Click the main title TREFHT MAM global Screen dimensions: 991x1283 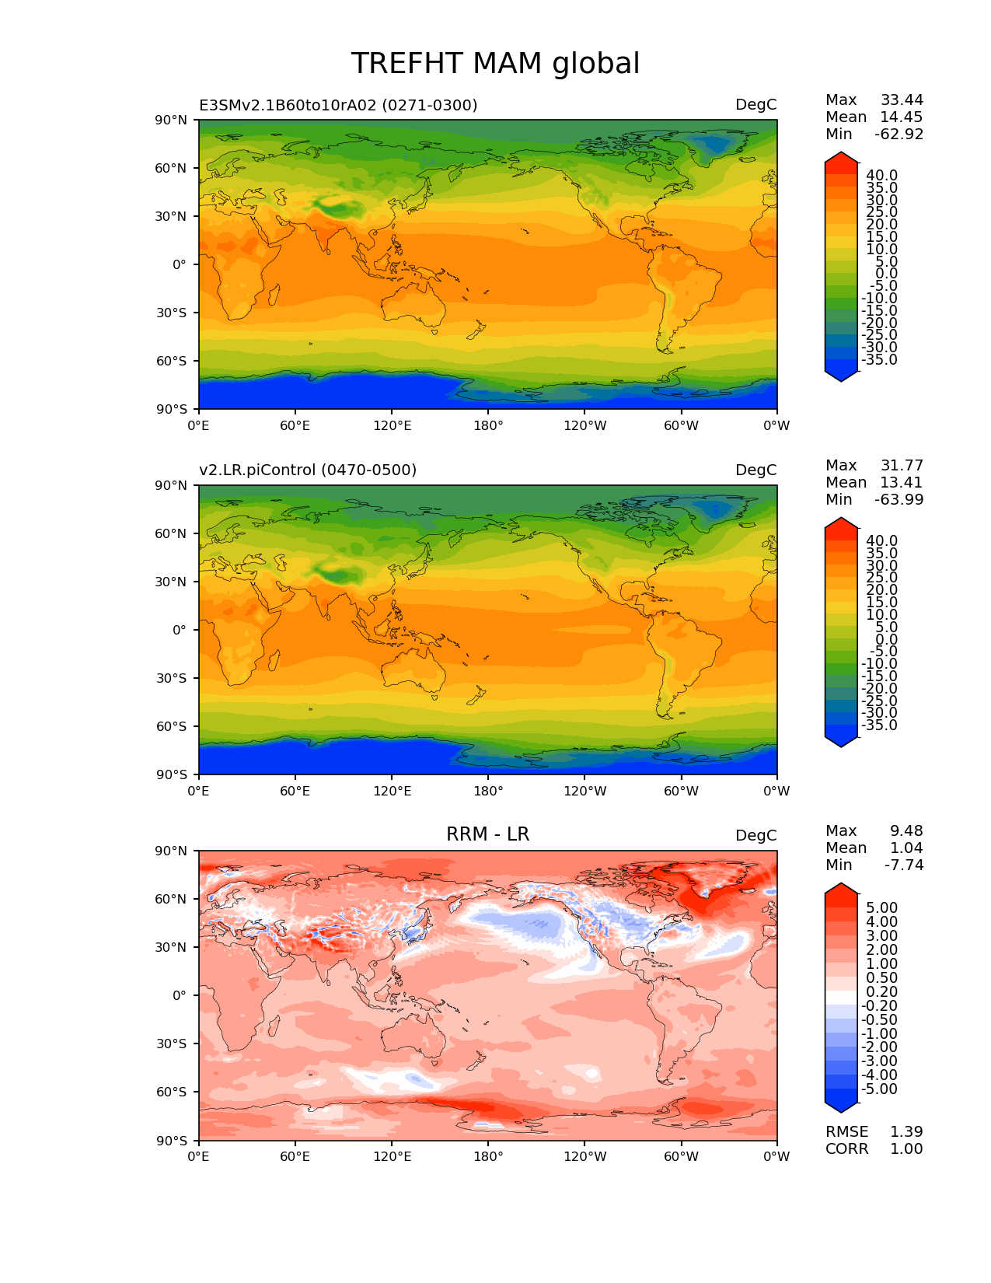click(495, 64)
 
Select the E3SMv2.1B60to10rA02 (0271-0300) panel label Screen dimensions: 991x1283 click(338, 105)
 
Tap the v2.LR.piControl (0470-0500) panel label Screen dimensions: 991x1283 click(308, 470)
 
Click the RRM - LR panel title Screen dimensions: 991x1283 click(487, 834)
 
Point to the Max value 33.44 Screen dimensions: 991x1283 click(902, 100)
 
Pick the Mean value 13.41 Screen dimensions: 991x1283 click(902, 482)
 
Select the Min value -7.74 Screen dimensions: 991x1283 click(904, 865)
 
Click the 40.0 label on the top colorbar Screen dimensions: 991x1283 click(882, 176)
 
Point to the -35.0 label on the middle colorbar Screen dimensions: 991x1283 click(879, 725)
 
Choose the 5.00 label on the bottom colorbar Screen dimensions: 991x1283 click(882, 907)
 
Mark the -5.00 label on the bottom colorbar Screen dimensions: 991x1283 click(879, 1089)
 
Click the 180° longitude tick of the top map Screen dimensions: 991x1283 click(488, 425)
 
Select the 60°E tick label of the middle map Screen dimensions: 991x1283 click(295, 791)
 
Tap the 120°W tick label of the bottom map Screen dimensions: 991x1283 click(585, 1156)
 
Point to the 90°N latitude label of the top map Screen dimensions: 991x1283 click(171, 121)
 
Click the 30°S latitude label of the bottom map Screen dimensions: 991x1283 click(171, 1044)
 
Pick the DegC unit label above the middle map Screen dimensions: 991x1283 click(756, 470)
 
